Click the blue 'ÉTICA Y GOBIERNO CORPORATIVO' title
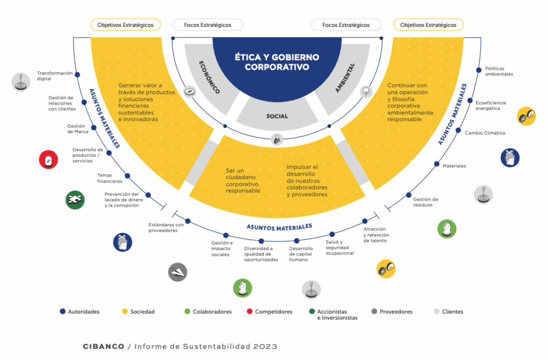click(x=277, y=62)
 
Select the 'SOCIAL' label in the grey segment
click(x=277, y=116)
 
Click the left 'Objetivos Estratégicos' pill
click(x=125, y=25)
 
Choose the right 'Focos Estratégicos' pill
click(x=346, y=25)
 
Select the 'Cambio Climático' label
click(x=485, y=133)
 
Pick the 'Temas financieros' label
click(x=110, y=178)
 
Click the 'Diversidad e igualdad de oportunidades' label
click(x=261, y=254)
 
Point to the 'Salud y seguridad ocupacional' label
click(x=339, y=247)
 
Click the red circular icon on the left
click(x=48, y=159)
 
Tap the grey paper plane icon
click(x=177, y=272)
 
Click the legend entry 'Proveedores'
click(x=396, y=312)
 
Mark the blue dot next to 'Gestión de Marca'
click(x=94, y=128)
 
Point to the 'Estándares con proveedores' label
click(x=166, y=228)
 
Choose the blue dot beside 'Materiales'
click(x=437, y=165)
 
